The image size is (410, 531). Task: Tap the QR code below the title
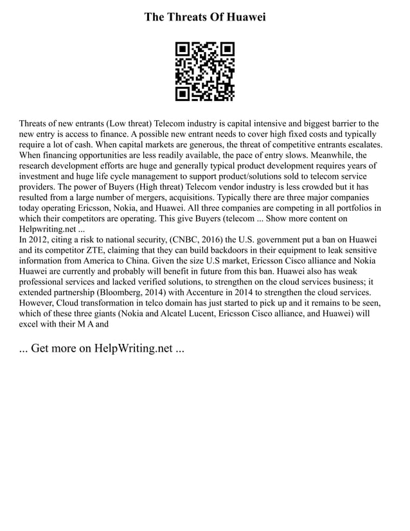pos(205,71)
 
